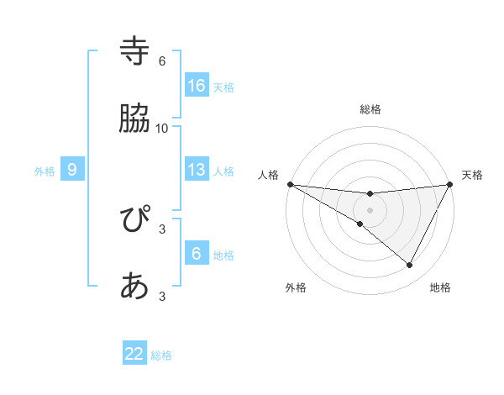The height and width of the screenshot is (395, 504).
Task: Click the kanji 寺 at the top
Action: [x=135, y=51]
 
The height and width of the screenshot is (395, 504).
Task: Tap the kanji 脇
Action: [x=135, y=118]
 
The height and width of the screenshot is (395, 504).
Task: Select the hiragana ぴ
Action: [x=135, y=221]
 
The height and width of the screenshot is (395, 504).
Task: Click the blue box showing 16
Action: [x=197, y=86]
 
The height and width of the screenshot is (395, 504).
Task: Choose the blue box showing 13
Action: [x=197, y=170]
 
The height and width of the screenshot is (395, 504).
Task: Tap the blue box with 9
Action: [x=72, y=170]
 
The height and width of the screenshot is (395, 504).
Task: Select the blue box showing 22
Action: [x=134, y=354]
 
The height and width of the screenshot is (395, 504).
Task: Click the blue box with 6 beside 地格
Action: [x=197, y=254]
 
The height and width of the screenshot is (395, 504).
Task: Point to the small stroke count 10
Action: [x=162, y=128]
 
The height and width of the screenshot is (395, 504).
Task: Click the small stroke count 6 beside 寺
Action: [x=162, y=61]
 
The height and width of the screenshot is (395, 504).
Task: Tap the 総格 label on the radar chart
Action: [x=370, y=109]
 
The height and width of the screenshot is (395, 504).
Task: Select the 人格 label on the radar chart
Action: [x=269, y=175]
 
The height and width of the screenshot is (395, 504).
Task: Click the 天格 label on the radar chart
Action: [x=472, y=175]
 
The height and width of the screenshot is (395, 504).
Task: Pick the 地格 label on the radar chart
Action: [x=440, y=287]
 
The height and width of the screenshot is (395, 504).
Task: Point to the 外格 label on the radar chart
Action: [x=296, y=287]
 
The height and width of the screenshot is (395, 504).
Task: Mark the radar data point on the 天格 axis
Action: [x=450, y=183]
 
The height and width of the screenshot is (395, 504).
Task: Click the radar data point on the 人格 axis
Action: [x=290, y=183]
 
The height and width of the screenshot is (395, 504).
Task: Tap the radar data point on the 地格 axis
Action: [x=410, y=266]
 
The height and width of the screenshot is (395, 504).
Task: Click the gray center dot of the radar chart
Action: [x=370, y=209]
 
